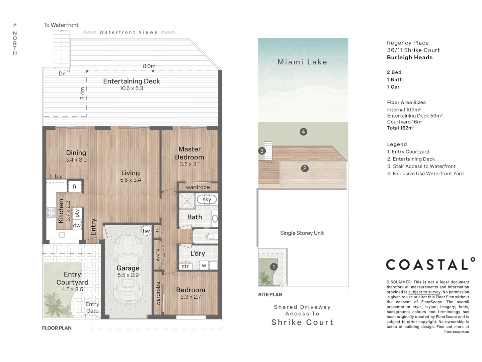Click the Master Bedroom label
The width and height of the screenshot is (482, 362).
coord(189,153)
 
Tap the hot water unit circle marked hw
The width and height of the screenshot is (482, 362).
coord(146,231)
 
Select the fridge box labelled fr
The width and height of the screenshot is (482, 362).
coord(75,187)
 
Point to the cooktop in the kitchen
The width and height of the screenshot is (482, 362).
coord(51,212)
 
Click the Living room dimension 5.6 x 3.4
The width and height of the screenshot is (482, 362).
coord(131,180)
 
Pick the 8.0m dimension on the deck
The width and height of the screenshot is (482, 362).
coord(149,66)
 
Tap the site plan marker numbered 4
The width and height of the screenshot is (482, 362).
coord(303,132)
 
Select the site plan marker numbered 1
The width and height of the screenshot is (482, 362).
coord(273,267)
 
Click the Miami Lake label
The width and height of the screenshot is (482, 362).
coord(302,62)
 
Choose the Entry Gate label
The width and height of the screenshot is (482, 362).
coord(92,307)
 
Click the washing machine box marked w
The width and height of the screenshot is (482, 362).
coord(204,265)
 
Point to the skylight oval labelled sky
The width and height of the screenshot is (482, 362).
coord(207,199)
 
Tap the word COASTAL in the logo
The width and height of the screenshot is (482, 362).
coord(427,265)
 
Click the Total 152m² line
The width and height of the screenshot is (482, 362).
coord(401,128)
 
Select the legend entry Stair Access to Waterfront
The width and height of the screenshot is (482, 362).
coord(421,166)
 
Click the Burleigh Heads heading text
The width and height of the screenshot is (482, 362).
coord(410,58)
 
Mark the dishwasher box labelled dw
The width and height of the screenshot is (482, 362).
coord(77,225)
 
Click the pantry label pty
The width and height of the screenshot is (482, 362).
coord(77,213)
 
